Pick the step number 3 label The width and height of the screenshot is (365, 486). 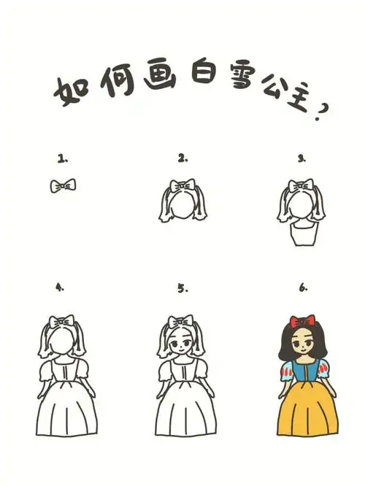301,158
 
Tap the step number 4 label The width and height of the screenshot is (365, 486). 61,288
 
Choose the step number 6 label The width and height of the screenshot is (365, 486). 302,288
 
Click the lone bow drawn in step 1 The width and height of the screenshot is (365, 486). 64,187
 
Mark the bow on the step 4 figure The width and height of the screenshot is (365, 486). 61,323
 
